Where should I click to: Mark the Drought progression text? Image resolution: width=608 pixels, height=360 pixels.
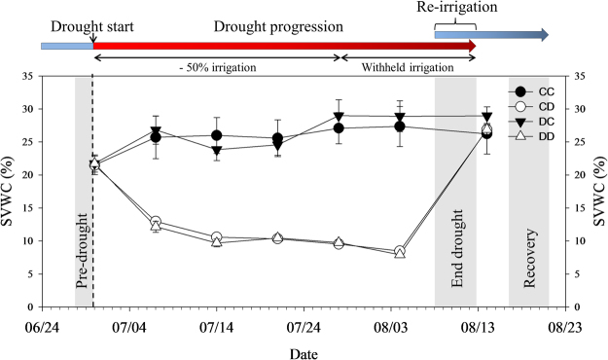(x=265, y=23)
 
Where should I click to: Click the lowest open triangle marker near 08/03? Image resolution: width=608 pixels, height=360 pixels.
(x=400, y=253)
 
